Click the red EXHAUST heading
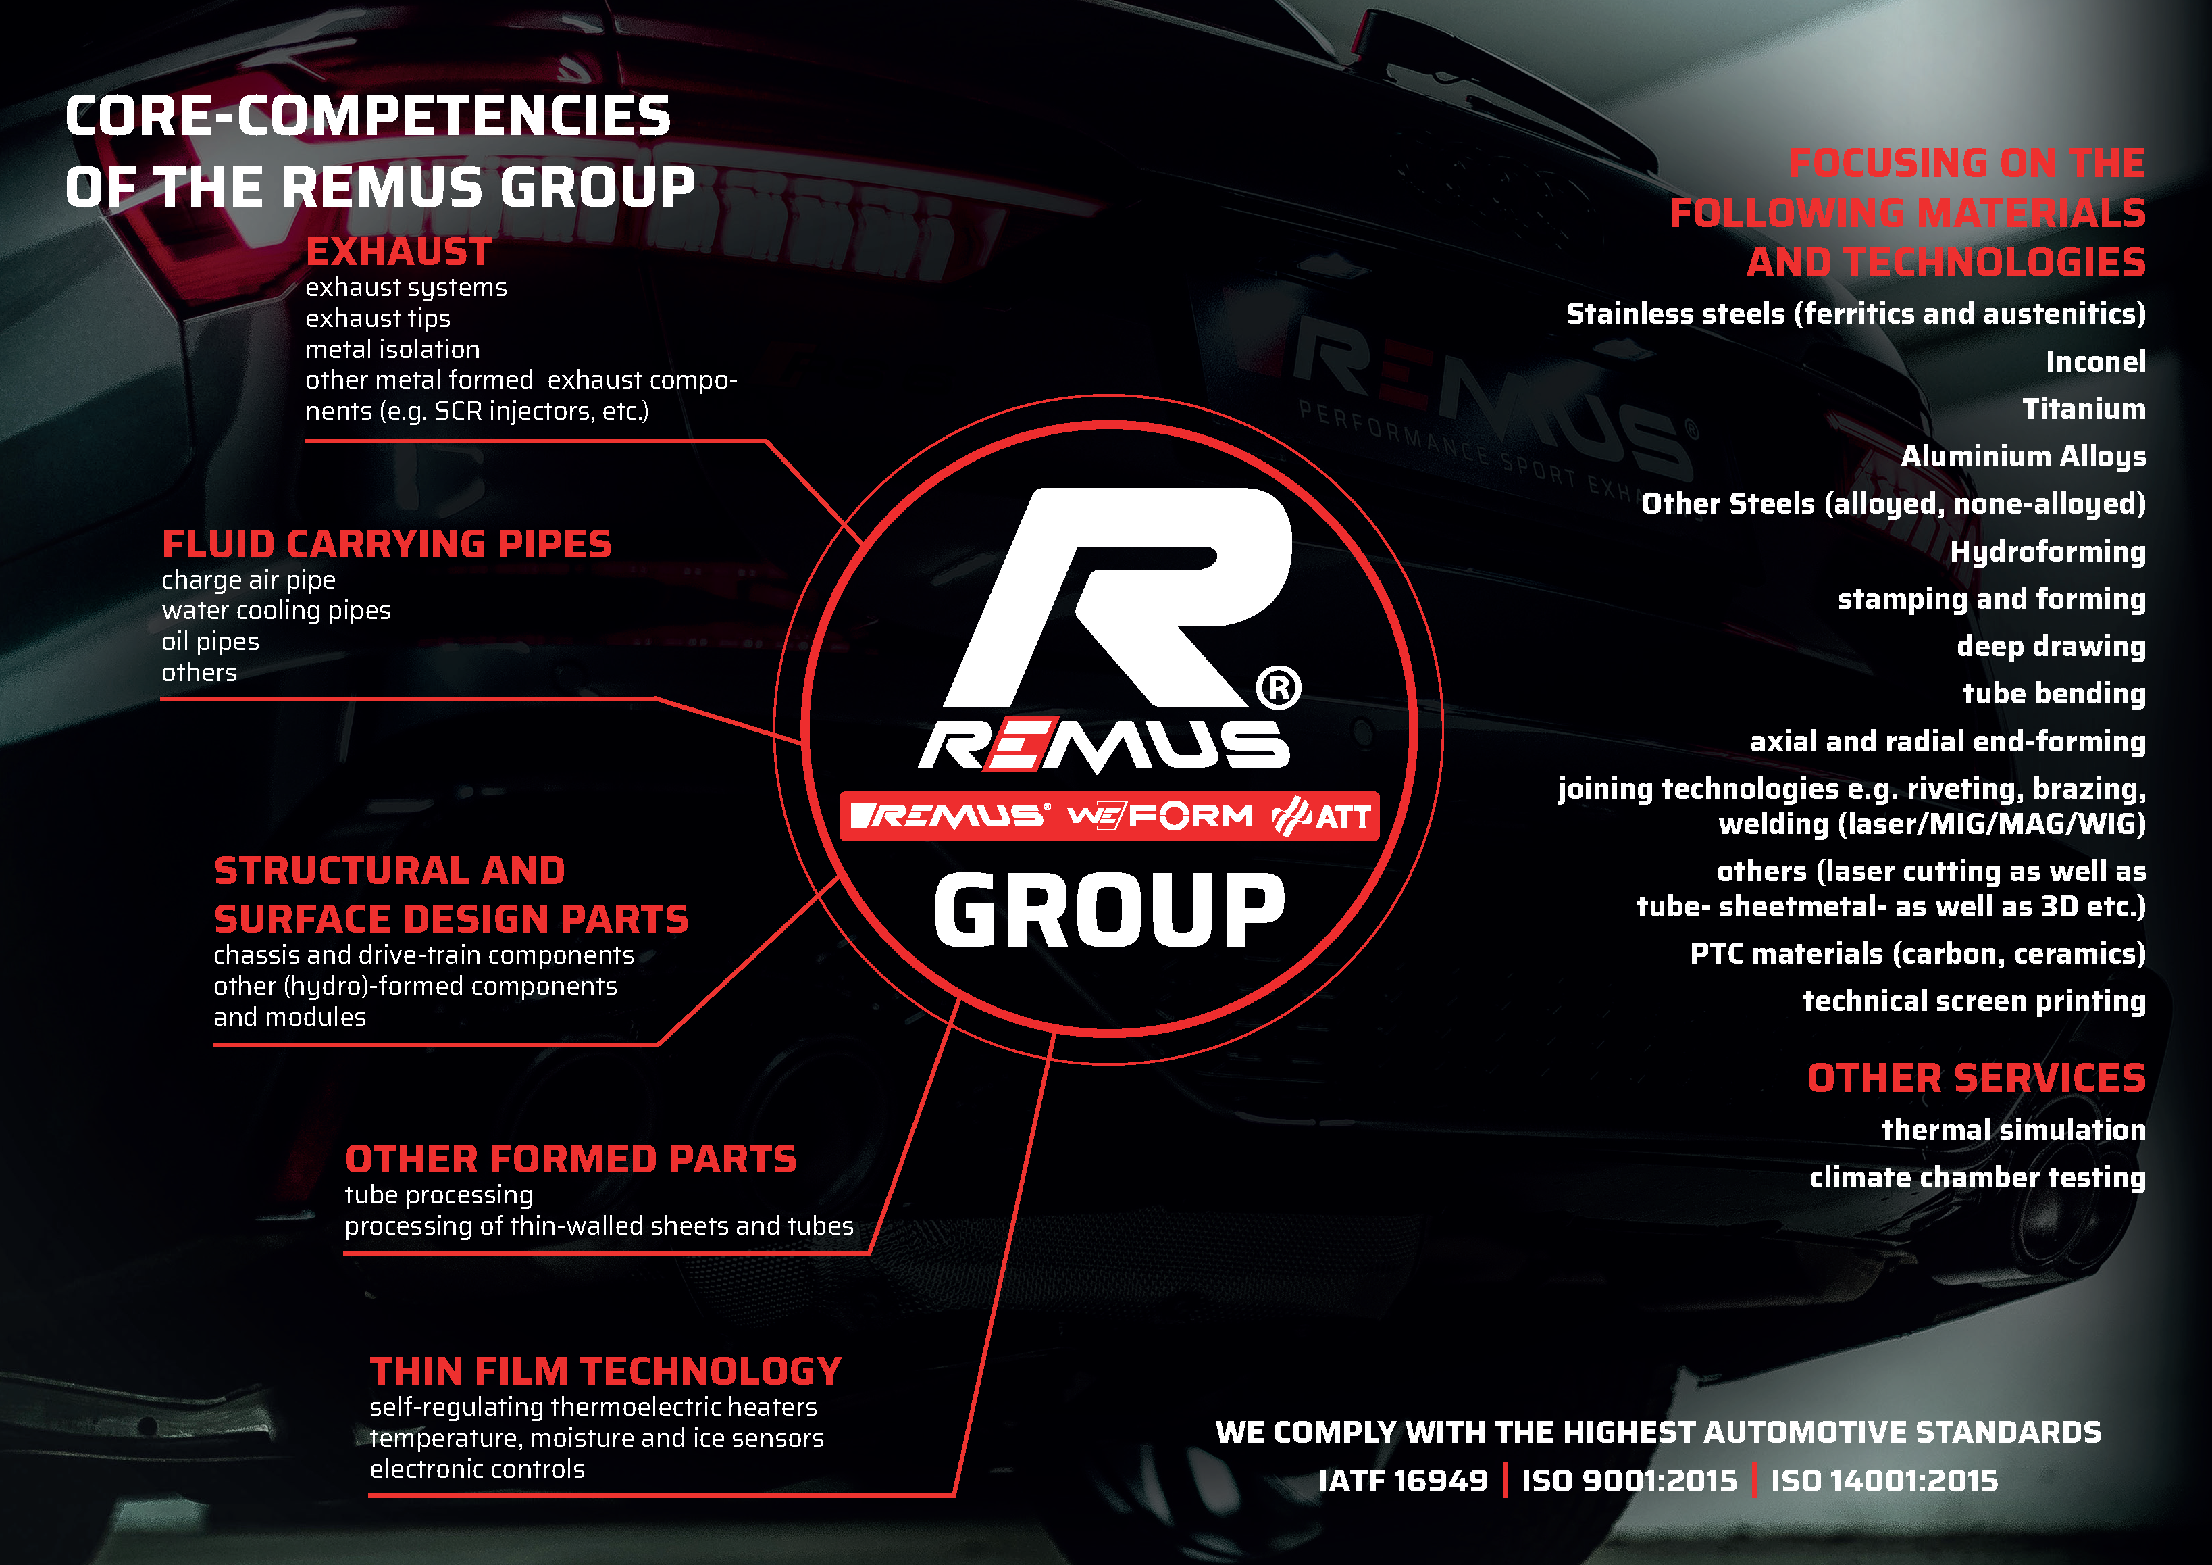(x=398, y=253)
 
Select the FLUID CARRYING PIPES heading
(x=386, y=545)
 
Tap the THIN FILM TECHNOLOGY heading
(x=605, y=1371)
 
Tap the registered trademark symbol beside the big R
(x=1279, y=688)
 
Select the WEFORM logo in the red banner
(x=1160, y=816)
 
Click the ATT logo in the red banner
(x=1322, y=817)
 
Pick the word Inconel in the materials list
(x=2095, y=362)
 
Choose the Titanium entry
(x=2084, y=409)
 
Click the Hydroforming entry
(x=2049, y=551)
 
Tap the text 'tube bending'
(x=2054, y=694)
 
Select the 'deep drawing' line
(x=2051, y=645)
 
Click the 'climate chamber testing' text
(x=1977, y=1178)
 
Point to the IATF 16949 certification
(x=1403, y=1481)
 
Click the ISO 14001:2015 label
(x=1884, y=1481)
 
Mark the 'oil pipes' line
(x=210, y=642)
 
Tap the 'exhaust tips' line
(x=378, y=318)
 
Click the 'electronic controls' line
(x=477, y=1468)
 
